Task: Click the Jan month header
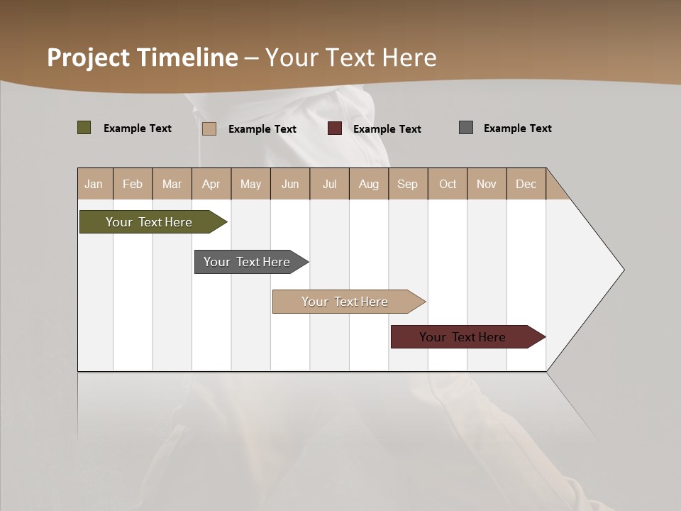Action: (94, 184)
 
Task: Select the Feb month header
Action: (133, 184)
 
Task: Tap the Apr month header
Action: (211, 184)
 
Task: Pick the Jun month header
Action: (290, 184)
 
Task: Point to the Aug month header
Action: (368, 184)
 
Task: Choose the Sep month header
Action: (407, 184)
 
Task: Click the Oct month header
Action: (448, 184)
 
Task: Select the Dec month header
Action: (526, 184)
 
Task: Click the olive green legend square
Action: (84, 128)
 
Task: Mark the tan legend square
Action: (209, 128)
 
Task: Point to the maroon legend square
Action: (335, 128)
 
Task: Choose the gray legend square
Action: (466, 128)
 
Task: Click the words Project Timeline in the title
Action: (143, 57)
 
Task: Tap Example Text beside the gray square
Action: (517, 128)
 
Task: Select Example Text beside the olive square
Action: (138, 128)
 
